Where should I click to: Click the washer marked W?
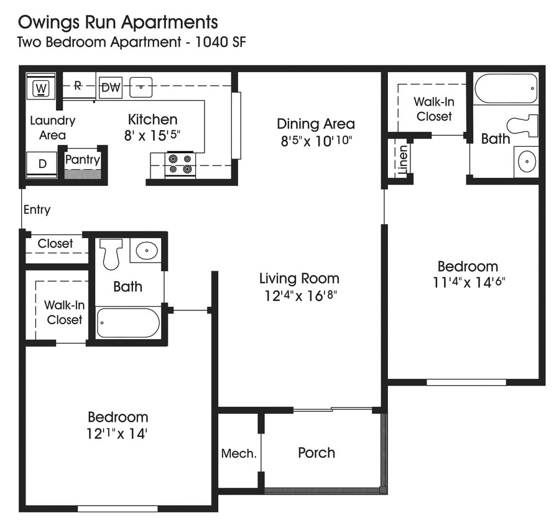42,88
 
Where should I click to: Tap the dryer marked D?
42,164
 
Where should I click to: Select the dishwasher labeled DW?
111,87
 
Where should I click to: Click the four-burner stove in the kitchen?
180,163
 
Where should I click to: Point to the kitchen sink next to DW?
142,88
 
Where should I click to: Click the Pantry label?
83,160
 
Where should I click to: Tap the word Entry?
37,210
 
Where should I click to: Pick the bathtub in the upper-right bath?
506,89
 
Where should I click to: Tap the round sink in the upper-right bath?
527,162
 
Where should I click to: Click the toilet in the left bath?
111,253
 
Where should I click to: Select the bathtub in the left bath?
128,323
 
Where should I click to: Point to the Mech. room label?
239,453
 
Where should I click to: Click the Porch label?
316,453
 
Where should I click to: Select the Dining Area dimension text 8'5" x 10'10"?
315,141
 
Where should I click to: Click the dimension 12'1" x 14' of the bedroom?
118,434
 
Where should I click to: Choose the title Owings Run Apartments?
118,23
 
